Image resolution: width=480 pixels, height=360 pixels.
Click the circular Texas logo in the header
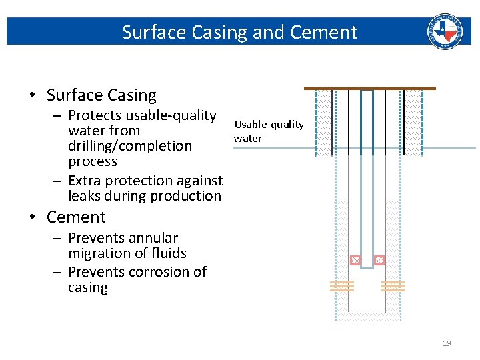[445, 31]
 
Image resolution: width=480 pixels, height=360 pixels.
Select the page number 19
[447, 343]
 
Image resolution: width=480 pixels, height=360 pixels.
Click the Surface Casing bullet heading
[101, 95]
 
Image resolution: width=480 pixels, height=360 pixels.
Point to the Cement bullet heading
[76, 217]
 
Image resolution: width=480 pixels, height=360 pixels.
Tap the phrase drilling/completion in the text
[130, 146]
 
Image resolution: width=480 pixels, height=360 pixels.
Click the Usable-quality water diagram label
[269, 131]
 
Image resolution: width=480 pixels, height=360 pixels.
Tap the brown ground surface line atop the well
[369, 88]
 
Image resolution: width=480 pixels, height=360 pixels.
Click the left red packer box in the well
[355, 260]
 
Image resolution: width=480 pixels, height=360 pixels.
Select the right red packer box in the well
[379, 260]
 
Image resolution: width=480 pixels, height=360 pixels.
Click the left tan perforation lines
[341, 286]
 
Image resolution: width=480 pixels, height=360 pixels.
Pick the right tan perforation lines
[393, 286]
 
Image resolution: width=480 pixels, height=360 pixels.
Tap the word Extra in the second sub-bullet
[84, 181]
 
